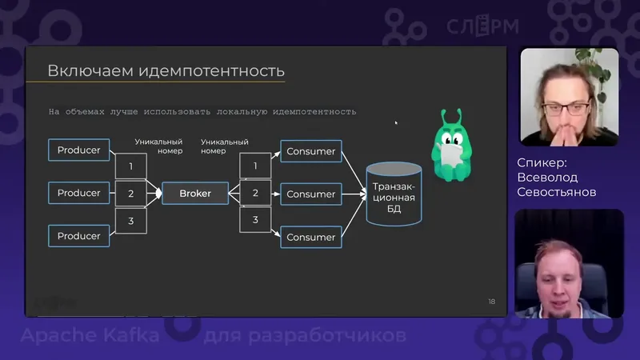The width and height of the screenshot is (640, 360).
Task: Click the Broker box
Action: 195,194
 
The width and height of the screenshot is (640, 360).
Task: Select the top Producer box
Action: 78,150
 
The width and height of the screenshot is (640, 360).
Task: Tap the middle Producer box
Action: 78,193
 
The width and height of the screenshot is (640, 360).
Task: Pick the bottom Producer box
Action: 78,236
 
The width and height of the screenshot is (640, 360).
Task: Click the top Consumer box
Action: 310,151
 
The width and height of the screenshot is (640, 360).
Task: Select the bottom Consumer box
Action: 310,237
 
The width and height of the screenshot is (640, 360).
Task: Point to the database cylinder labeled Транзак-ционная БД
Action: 394,194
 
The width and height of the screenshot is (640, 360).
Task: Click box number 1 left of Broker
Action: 130,166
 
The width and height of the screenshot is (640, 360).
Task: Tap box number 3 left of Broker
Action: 130,220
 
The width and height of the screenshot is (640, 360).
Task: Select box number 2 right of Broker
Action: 255,193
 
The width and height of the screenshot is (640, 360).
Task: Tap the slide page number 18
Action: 491,302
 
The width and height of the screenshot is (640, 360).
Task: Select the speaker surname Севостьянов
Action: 557,192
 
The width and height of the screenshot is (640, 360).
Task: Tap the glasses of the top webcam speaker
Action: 565,105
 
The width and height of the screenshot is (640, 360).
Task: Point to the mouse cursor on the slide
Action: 396,122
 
